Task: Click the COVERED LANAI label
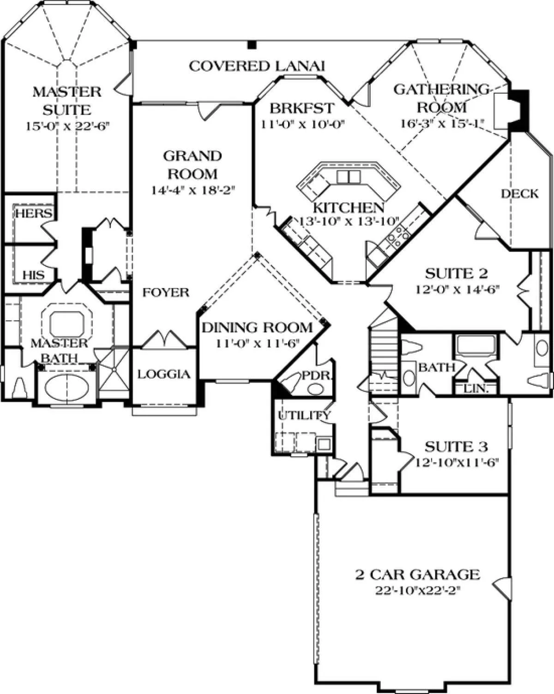click(x=257, y=66)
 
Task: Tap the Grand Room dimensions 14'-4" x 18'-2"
click(x=193, y=190)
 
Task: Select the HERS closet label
click(x=34, y=213)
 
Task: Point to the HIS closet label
click(x=34, y=275)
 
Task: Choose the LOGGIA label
click(x=164, y=374)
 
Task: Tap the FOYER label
click(x=166, y=292)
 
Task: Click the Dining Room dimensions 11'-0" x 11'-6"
click(x=258, y=344)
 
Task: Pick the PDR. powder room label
click(x=317, y=375)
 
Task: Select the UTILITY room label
click(x=304, y=416)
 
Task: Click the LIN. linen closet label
click(x=476, y=389)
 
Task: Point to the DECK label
click(x=520, y=193)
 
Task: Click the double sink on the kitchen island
click(x=348, y=177)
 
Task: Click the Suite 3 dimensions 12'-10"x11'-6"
click(x=456, y=463)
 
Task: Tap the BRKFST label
click(x=302, y=108)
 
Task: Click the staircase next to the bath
click(x=384, y=350)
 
